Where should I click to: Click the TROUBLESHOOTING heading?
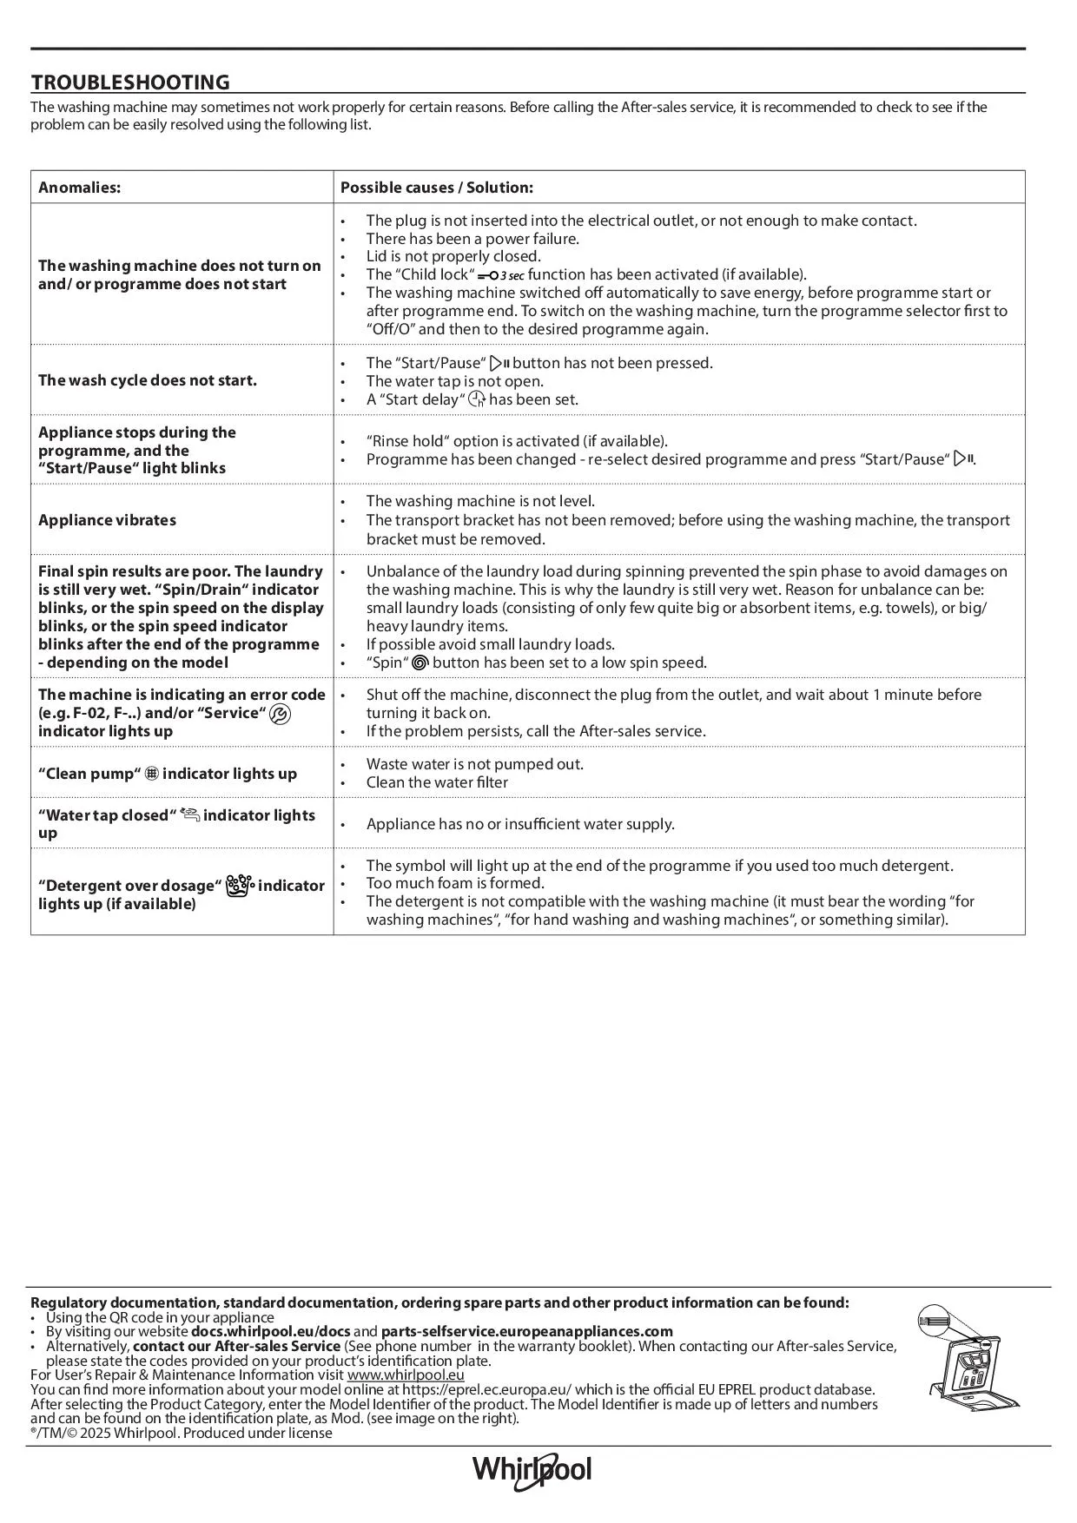click(x=130, y=82)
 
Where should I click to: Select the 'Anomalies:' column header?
click(x=79, y=188)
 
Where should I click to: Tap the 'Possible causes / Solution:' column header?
click(x=436, y=188)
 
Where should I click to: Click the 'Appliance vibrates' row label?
click(x=107, y=520)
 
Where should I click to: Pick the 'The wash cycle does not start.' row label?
click(x=148, y=380)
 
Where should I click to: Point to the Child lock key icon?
click(x=500, y=275)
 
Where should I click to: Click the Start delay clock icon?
click(x=477, y=399)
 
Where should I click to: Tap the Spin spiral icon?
click(x=420, y=663)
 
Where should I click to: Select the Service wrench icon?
click(x=281, y=714)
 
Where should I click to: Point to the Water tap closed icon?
click(x=189, y=814)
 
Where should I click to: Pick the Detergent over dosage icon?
click(x=239, y=886)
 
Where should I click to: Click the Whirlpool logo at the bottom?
click(x=532, y=1469)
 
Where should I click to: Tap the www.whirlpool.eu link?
click(x=406, y=1375)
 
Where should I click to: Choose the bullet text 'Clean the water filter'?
click(x=437, y=782)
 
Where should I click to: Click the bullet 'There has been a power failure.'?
click(x=472, y=239)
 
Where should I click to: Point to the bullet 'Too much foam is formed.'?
click(x=455, y=883)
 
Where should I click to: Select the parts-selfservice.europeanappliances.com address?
click(x=526, y=1331)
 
